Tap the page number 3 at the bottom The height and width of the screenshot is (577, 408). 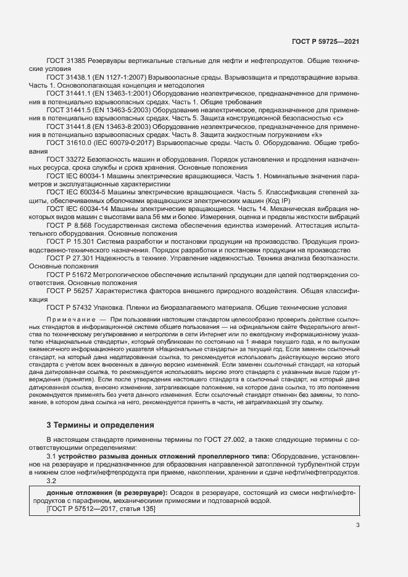point(357,525)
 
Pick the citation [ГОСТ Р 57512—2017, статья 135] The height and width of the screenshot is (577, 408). point(101,510)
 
